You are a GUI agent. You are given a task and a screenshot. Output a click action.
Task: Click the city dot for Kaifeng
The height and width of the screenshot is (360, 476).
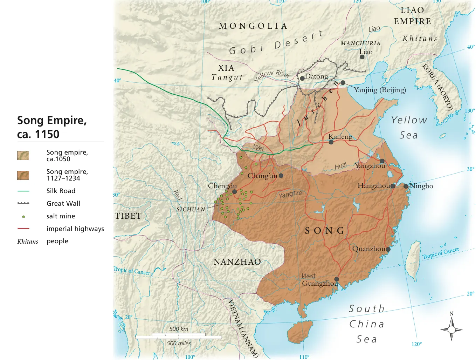tap(331, 142)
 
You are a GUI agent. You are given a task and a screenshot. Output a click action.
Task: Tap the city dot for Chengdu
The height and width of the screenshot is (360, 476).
tap(235, 192)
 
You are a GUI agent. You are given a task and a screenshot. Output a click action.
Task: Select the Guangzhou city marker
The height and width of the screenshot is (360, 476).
tap(337, 279)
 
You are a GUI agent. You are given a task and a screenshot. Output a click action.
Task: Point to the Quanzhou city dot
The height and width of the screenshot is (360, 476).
tap(388, 249)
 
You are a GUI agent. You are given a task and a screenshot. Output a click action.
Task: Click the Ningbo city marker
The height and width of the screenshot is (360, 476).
tap(406, 186)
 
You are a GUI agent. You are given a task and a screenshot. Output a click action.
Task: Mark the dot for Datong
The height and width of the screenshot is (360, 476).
tap(302, 78)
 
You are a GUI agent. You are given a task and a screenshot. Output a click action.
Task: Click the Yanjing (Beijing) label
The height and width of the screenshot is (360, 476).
tap(380, 90)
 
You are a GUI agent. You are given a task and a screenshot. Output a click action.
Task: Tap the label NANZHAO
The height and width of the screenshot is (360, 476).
tap(237, 262)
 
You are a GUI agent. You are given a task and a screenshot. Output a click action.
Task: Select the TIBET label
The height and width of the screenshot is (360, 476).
tap(128, 216)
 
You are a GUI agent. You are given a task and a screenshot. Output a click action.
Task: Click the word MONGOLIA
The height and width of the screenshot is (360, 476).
tap(253, 26)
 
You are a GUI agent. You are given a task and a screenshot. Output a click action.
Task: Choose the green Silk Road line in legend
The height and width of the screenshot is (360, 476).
tap(23, 191)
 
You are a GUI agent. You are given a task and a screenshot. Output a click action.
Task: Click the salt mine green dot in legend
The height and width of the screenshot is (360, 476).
tap(23, 217)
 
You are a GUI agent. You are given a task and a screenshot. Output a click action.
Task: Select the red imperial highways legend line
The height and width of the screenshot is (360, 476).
tap(23, 229)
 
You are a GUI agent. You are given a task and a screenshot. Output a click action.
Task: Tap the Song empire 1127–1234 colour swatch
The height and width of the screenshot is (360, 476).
tap(23, 175)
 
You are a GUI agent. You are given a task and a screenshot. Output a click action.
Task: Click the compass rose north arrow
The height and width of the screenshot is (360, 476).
tap(451, 321)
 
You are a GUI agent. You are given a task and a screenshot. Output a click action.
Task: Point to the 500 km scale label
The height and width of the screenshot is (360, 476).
tap(179, 329)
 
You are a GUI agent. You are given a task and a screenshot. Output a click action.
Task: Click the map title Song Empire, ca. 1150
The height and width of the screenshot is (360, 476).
tap(52, 127)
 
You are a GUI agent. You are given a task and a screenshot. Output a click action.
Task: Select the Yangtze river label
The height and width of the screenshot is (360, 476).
tap(290, 194)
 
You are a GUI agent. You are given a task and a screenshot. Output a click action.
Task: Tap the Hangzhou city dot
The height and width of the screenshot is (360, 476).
tap(393, 186)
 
